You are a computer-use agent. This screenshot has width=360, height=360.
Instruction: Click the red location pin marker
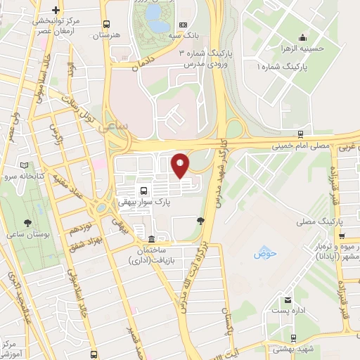pos(180,165)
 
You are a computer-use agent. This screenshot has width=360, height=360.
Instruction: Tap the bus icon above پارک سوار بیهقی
pos(144,191)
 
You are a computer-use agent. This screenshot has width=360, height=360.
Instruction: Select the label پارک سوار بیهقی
pos(144,203)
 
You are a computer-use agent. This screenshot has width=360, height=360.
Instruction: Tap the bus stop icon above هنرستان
pos(106,23)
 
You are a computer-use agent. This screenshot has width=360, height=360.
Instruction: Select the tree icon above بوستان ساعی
pos(27,223)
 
